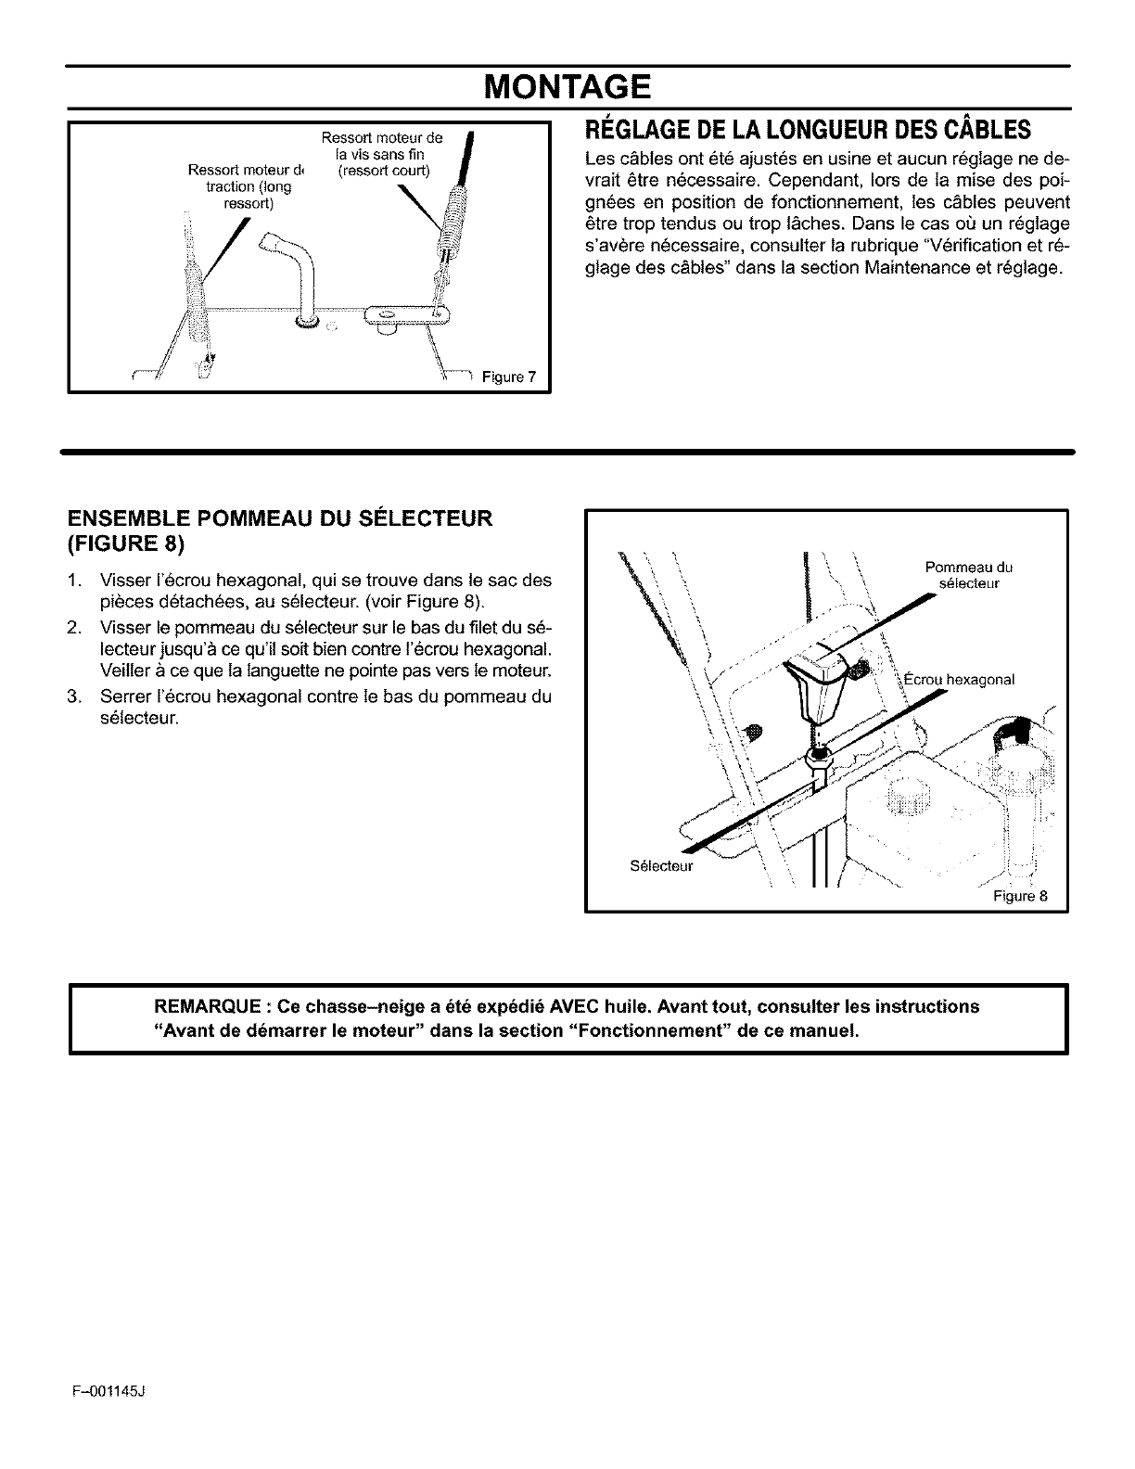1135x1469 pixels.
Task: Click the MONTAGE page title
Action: pos(568,89)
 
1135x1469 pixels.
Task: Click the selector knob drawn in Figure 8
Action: pos(817,682)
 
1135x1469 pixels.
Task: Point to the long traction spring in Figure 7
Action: pos(196,297)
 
